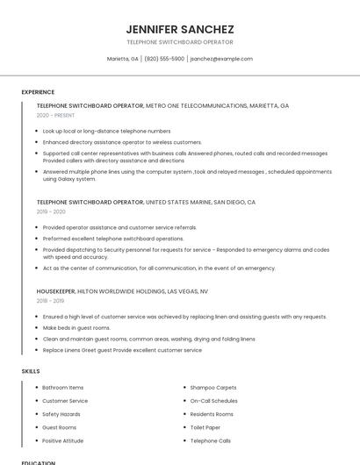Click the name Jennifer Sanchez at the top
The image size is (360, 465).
click(179, 29)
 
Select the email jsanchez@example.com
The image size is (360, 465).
click(221, 59)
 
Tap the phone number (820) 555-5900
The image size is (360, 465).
click(164, 59)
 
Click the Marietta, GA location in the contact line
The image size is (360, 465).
click(123, 59)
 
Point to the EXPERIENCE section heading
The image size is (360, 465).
click(38, 92)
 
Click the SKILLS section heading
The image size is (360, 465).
click(31, 371)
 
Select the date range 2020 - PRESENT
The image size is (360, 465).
click(56, 115)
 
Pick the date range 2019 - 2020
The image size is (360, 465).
click(51, 211)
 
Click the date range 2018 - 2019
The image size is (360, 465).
click(51, 300)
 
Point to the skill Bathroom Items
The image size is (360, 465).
click(63, 387)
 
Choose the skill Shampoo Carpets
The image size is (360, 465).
click(213, 387)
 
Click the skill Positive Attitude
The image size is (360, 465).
click(63, 440)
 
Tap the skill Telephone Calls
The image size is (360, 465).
click(211, 440)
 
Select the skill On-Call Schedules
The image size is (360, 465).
click(213, 400)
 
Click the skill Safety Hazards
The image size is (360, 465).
click(61, 413)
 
